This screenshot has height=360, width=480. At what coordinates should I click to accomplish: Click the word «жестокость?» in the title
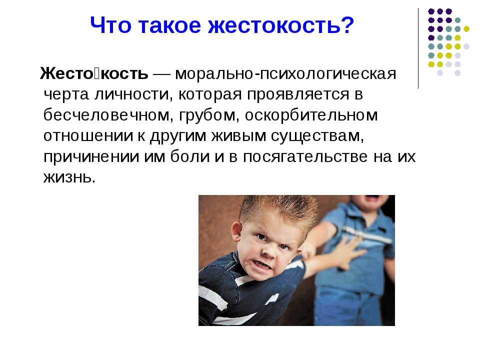[281, 25]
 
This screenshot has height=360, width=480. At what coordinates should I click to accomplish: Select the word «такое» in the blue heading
[169, 25]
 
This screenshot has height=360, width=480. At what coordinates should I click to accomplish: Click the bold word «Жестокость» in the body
[94, 73]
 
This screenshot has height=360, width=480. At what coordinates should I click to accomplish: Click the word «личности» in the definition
[131, 94]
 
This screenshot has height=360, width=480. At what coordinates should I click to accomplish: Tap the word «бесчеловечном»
[106, 115]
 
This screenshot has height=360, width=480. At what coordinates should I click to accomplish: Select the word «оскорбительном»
[311, 115]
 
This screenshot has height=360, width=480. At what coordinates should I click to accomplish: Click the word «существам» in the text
[317, 136]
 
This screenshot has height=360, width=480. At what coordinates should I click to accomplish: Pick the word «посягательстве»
[305, 156]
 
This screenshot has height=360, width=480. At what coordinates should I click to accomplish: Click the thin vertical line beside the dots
[418, 48]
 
